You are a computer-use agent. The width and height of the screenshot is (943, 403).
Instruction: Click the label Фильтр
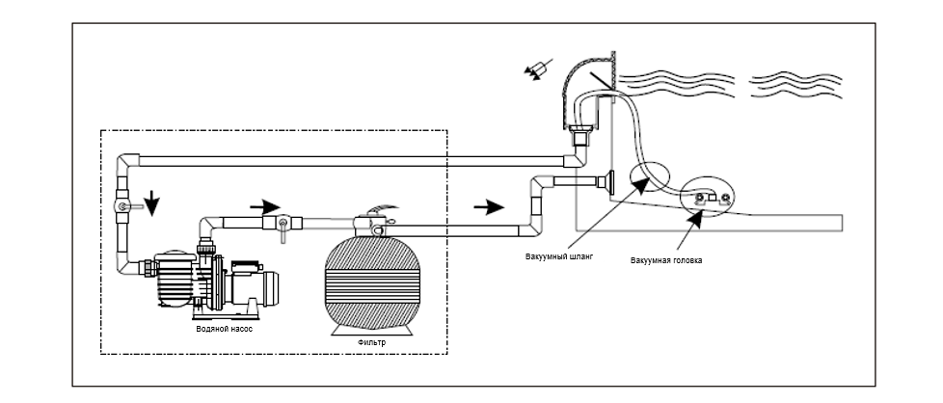click(x=371, y=343)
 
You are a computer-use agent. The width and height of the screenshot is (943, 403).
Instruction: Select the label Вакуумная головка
click(x=666, y=260)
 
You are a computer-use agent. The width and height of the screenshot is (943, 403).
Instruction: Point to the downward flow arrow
click(x=152, y=202)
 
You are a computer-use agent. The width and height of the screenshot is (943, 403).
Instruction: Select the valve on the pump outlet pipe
click(x=283, y=225)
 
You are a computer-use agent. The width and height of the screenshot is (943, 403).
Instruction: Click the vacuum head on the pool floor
click(x=712, y=201)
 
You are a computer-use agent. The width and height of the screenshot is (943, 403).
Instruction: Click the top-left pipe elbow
click(x=127, y=163)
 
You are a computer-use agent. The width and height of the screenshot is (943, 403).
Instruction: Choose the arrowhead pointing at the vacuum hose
click(x=641, y=184)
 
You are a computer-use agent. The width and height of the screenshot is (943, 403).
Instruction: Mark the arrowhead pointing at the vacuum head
click(x=694, y=218)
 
